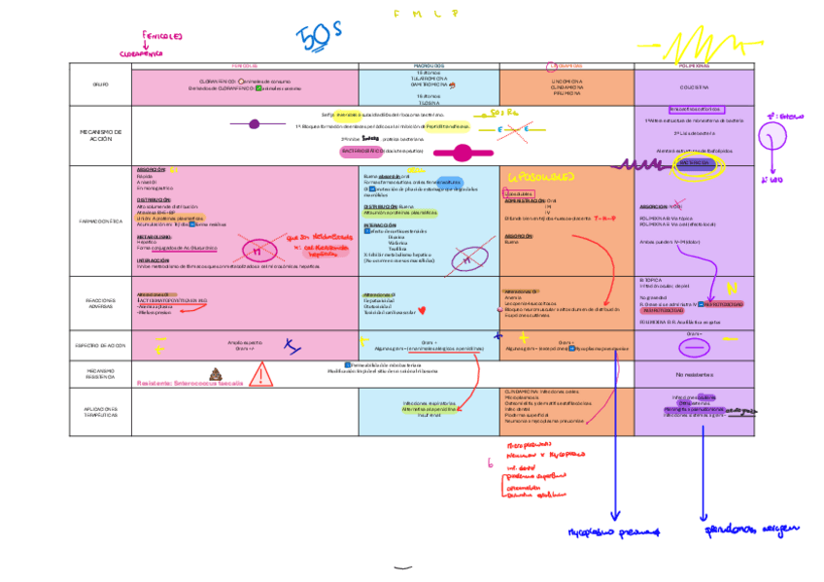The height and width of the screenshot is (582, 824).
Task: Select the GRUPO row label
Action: point(100,86)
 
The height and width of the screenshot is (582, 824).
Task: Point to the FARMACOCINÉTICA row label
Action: point(100,222)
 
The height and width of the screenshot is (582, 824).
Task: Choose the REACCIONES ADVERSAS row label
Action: point(100,303)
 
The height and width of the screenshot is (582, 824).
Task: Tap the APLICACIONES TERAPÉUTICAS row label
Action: point(100,412)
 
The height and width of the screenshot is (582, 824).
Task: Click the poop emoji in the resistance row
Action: point(216,372)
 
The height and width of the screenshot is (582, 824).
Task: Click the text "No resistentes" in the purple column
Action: point(695,374)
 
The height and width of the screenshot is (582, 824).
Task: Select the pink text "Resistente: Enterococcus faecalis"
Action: point(190,383)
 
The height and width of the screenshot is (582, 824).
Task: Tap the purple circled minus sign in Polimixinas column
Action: point(695,346)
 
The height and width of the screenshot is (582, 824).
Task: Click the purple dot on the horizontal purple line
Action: point(255,123)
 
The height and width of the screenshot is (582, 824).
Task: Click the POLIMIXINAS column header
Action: point(695,66)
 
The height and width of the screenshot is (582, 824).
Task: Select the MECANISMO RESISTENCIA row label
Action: point(100,373)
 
